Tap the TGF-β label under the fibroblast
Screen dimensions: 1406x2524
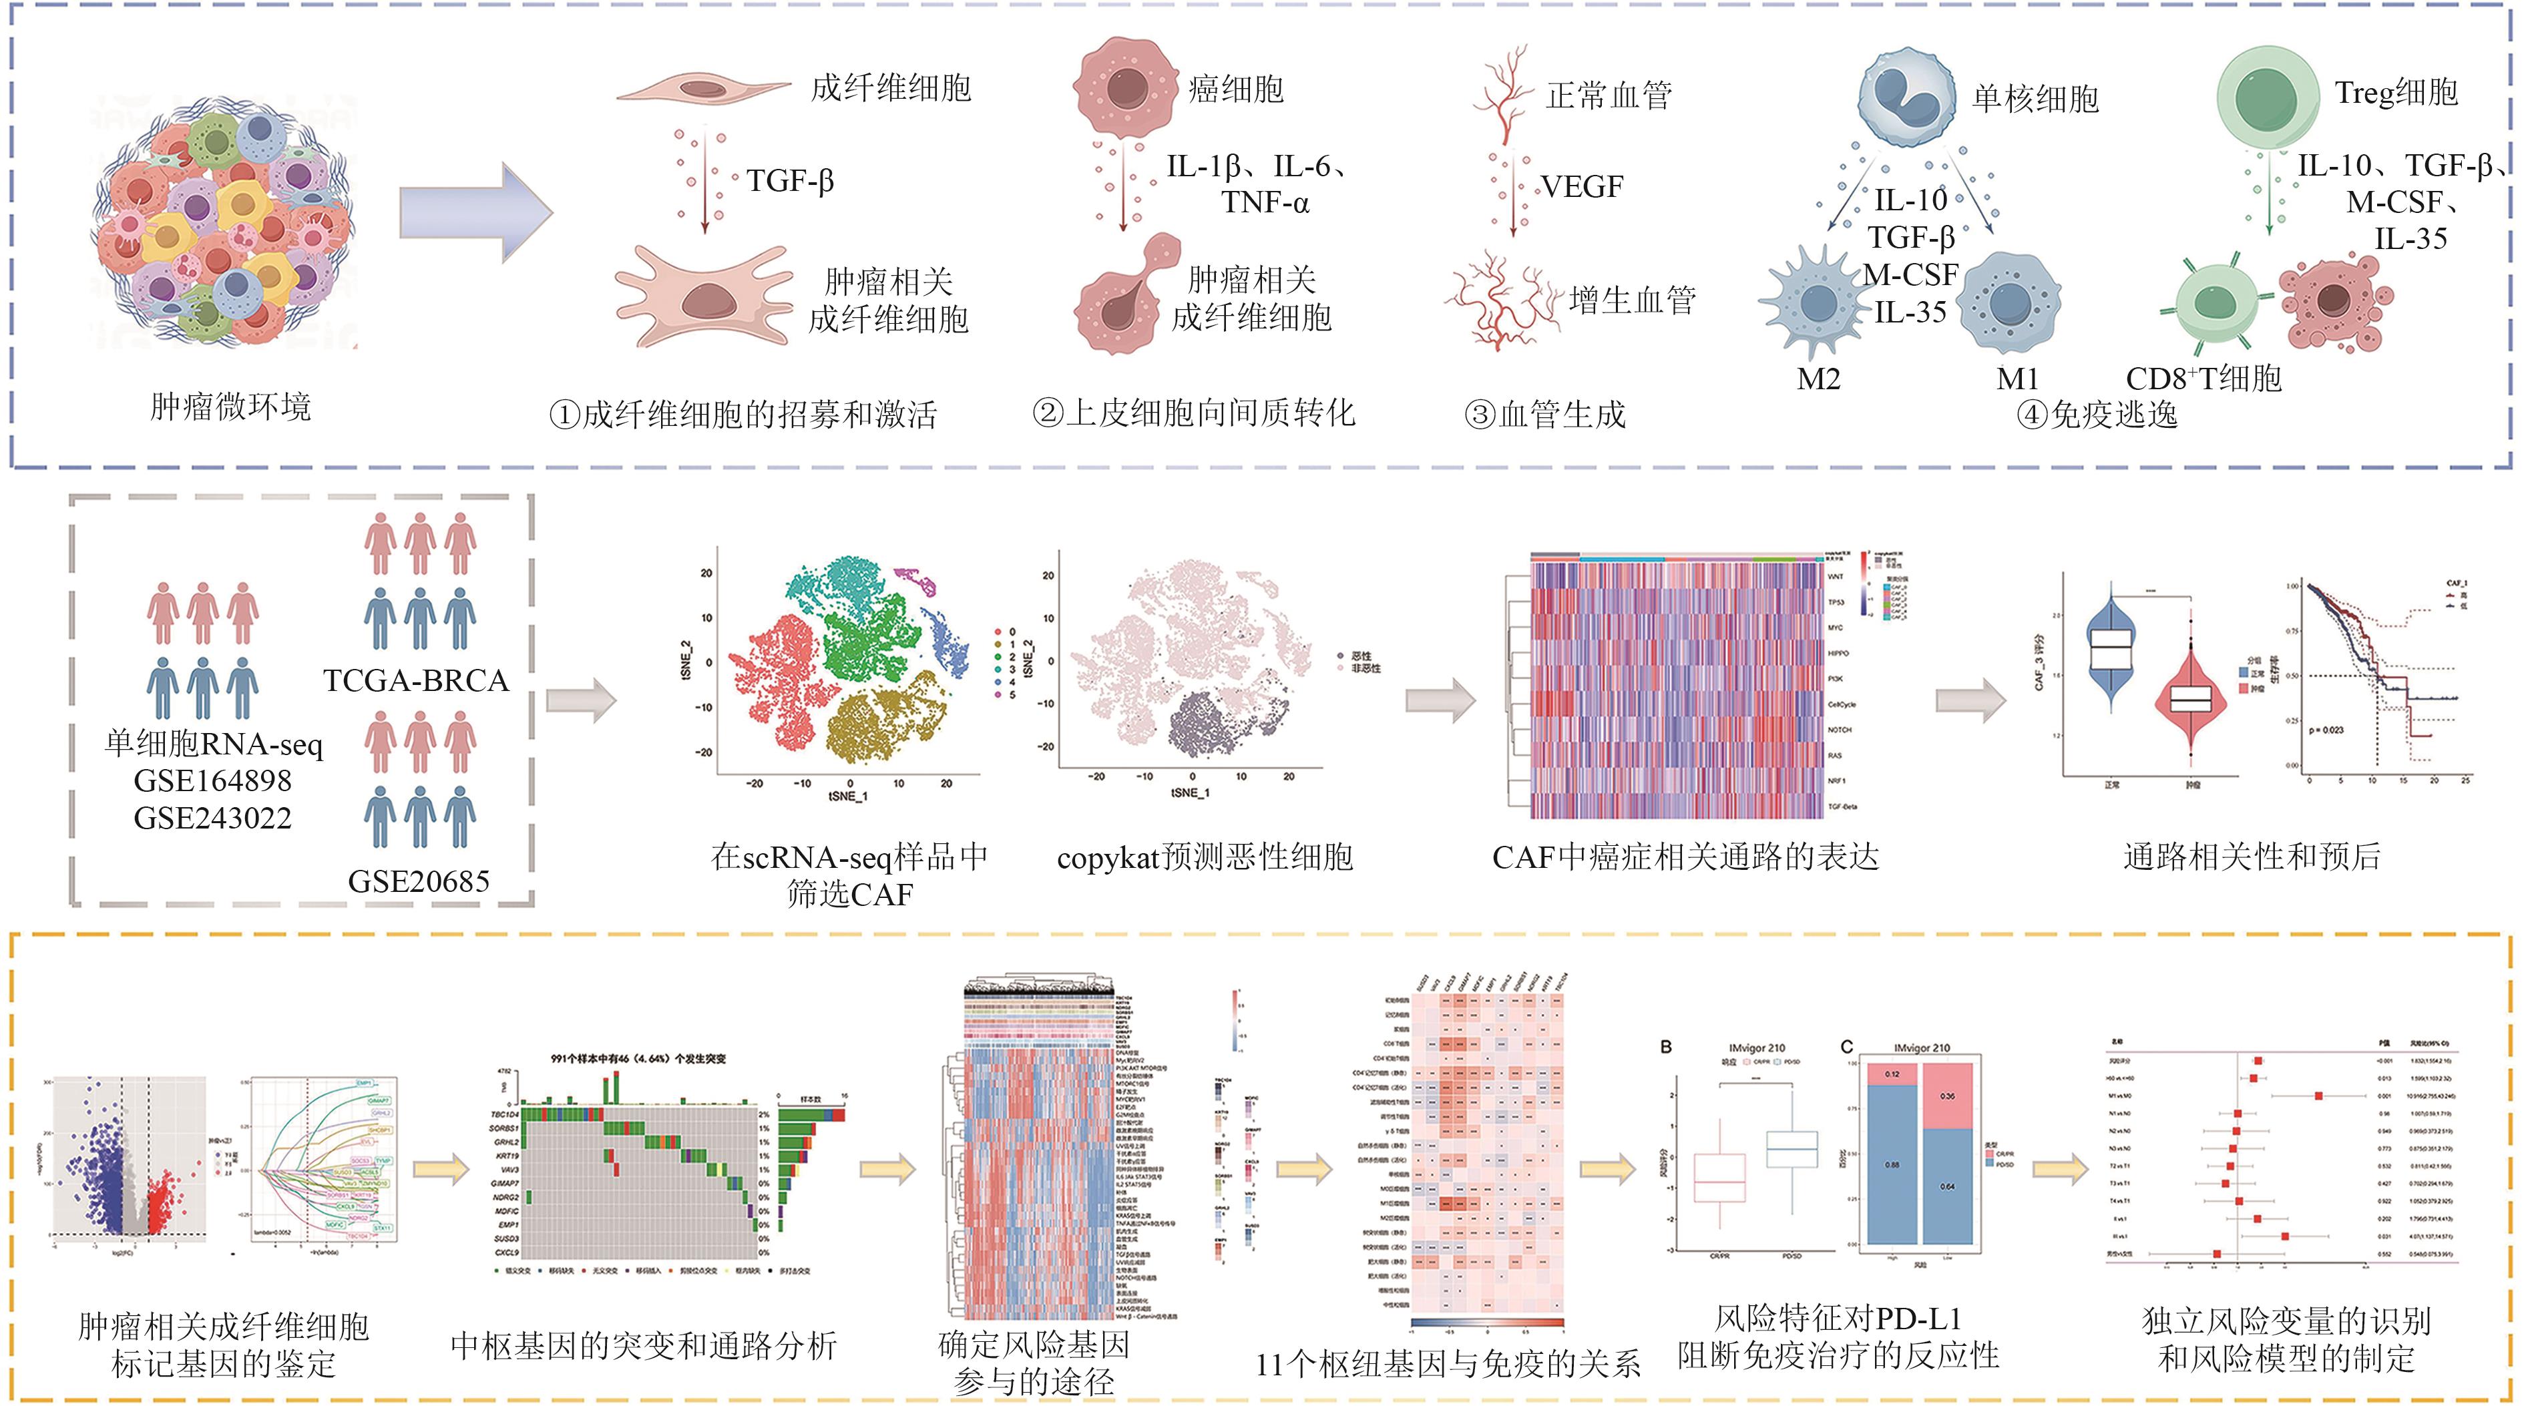pos(790,182)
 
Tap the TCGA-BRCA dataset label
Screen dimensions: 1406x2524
pos(417,680)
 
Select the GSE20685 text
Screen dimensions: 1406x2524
pos(419,881)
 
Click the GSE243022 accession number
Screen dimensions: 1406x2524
pos(212,818)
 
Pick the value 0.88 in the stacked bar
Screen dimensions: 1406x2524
pos(1892,1164)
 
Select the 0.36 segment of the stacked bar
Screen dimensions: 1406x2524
pos(1948,1096)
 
